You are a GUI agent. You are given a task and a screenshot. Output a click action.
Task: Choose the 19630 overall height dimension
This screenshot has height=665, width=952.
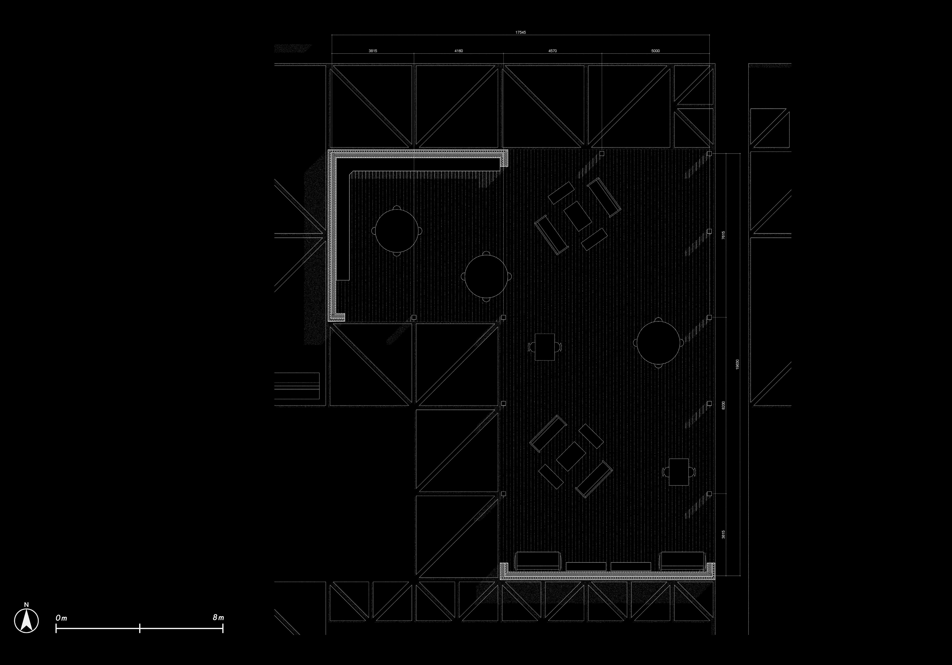point(737,364)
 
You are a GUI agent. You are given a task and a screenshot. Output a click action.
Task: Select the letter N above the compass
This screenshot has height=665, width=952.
point(26,604)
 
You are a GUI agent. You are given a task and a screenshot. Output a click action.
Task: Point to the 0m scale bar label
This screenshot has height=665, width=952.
point(61,618)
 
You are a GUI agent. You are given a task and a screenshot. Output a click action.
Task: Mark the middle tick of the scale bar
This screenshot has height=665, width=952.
point(140,628)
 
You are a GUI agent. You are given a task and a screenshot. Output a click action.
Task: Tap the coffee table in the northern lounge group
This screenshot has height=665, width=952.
point(577,216)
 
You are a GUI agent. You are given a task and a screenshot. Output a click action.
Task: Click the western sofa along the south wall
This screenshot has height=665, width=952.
point(537,560)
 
